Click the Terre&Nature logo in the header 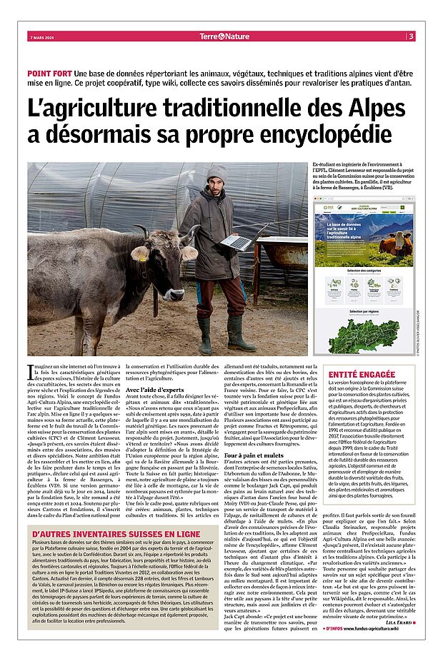point(224,36)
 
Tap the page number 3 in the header point(411,36)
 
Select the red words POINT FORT point(49,74)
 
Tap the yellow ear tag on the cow point(140,255)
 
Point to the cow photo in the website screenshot point(394,245)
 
